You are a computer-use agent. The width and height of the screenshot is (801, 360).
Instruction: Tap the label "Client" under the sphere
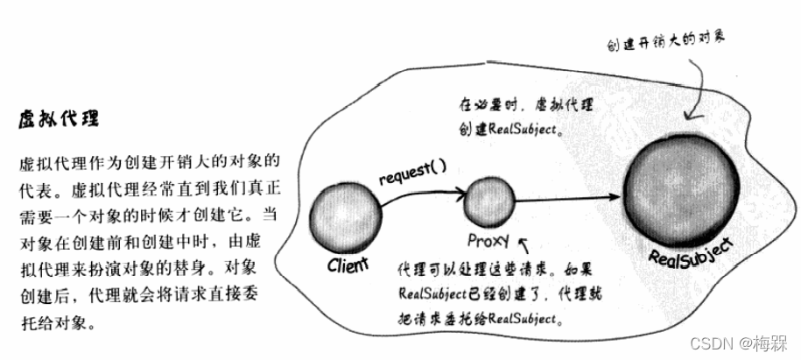coord(348,263)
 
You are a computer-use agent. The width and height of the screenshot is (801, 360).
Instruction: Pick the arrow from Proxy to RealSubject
coord(569,201)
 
